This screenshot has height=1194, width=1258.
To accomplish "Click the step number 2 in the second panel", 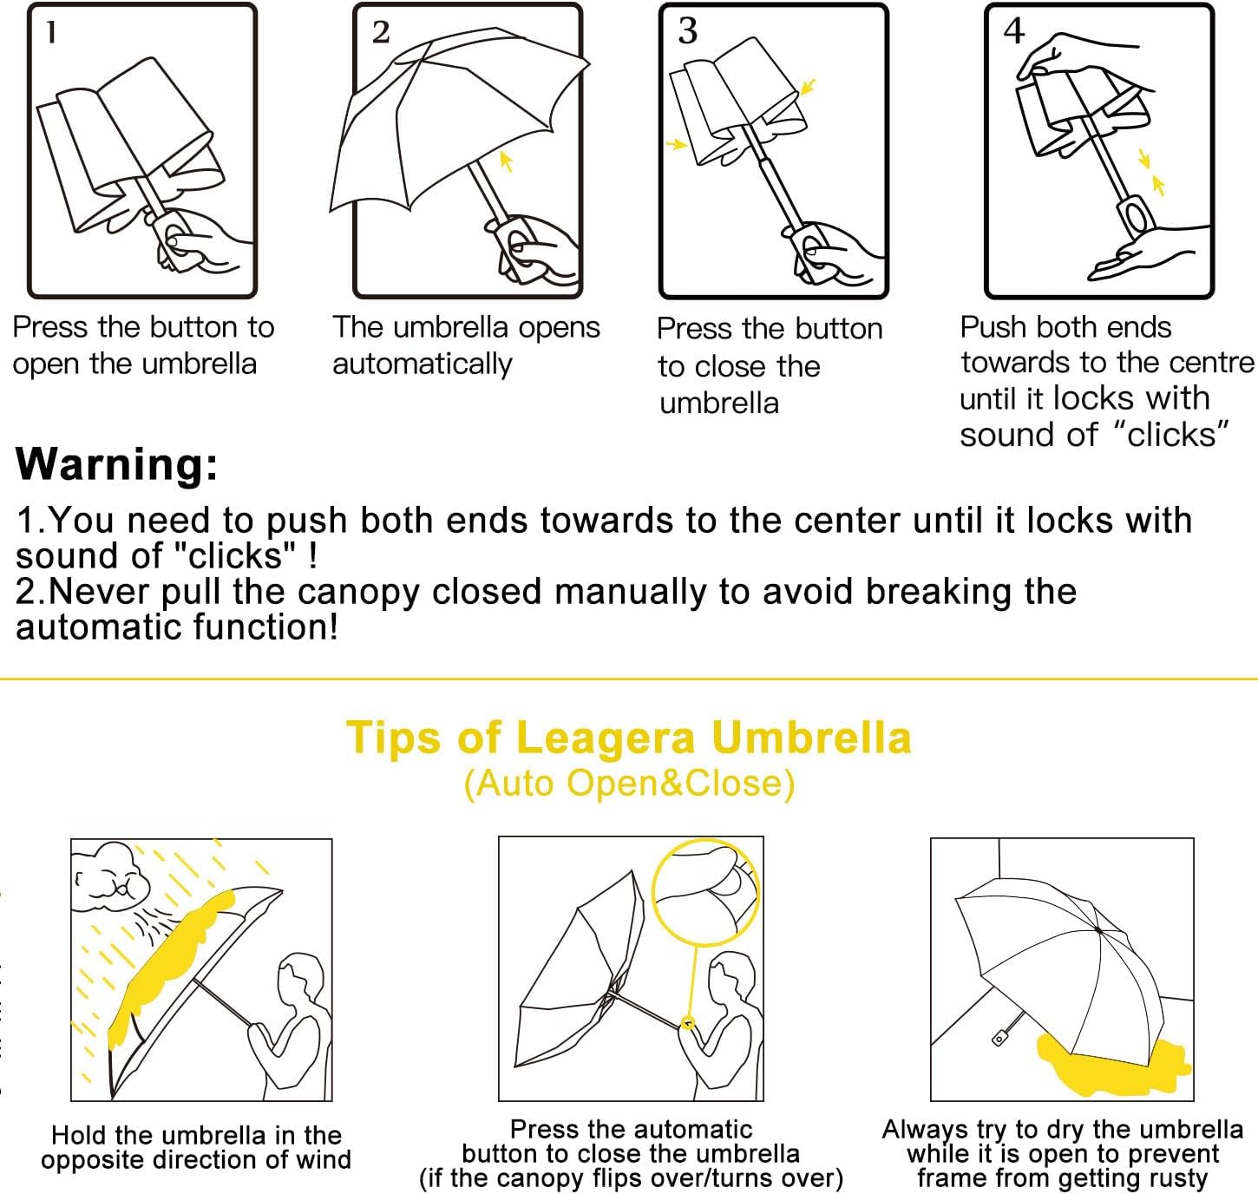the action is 381,32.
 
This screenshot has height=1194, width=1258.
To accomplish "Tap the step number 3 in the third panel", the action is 688,30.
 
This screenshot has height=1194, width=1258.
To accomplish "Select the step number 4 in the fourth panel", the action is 1014,30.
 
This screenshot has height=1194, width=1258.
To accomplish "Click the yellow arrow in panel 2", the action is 506,161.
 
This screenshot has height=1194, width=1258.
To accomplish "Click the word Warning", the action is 116,464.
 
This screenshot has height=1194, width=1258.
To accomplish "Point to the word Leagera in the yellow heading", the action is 605,739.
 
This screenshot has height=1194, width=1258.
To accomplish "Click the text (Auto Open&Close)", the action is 629,784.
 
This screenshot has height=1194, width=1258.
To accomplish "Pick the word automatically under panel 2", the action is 423,365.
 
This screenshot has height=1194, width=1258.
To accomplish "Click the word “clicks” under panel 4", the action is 1170,435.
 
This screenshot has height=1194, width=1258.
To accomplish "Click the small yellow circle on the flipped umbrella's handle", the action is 688,1022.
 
